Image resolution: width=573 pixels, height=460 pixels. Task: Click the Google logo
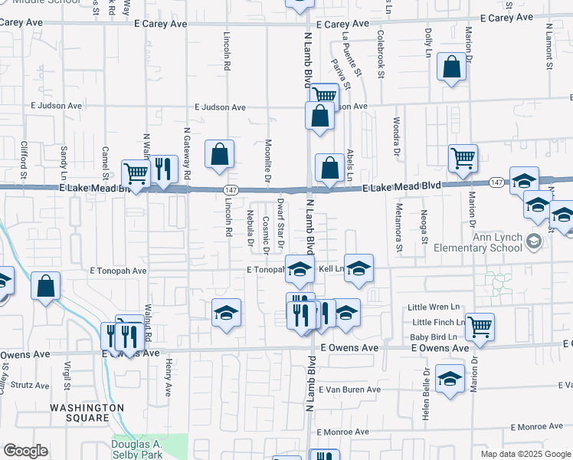pos(25,451)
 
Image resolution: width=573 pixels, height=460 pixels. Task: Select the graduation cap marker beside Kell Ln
pos(359,268)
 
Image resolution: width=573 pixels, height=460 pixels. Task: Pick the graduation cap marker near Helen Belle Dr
pos(450,379)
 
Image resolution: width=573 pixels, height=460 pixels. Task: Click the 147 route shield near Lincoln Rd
pos(230,189)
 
